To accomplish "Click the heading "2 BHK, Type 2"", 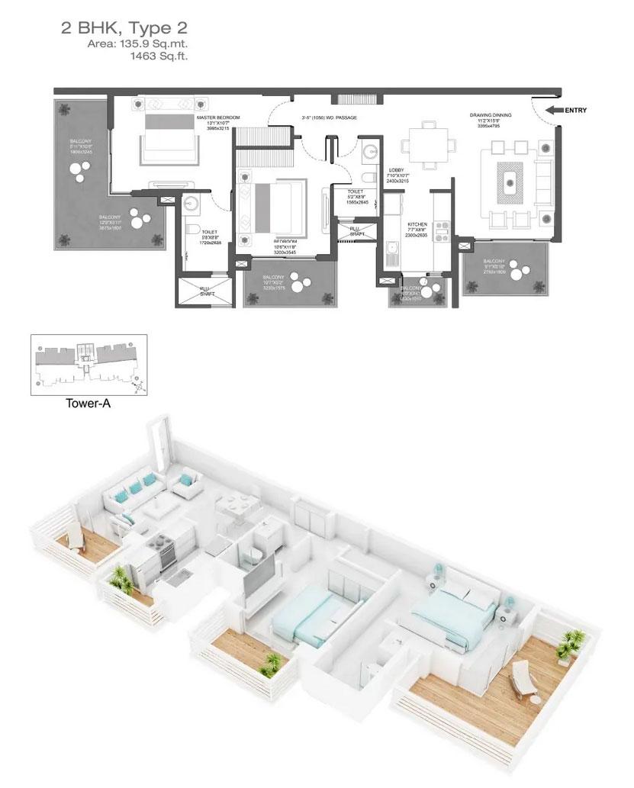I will pos(124,30).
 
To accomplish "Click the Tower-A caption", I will pos(88,404).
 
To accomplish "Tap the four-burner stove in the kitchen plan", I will pos(443,230).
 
